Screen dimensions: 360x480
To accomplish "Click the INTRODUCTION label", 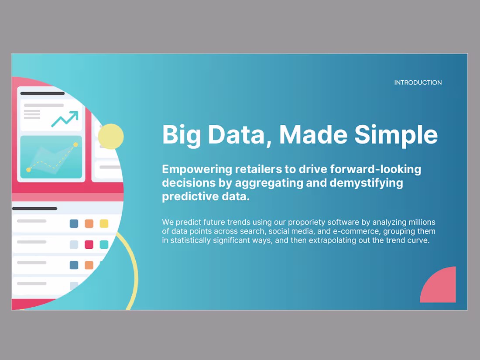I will tap(418, 82).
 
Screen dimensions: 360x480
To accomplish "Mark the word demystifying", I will tap(366, 183).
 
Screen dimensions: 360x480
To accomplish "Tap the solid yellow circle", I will tap(111, 137).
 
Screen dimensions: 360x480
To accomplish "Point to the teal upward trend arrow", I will tap(65, 118).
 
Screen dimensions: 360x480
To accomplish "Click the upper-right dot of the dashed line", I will tap(75, 144).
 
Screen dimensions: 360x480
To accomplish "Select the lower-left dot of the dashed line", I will tap(29, 169).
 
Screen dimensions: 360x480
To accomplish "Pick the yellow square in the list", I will tap(104, 224).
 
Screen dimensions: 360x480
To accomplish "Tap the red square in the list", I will tap(89, 244).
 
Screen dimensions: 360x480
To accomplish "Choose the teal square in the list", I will tap(104, 244).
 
